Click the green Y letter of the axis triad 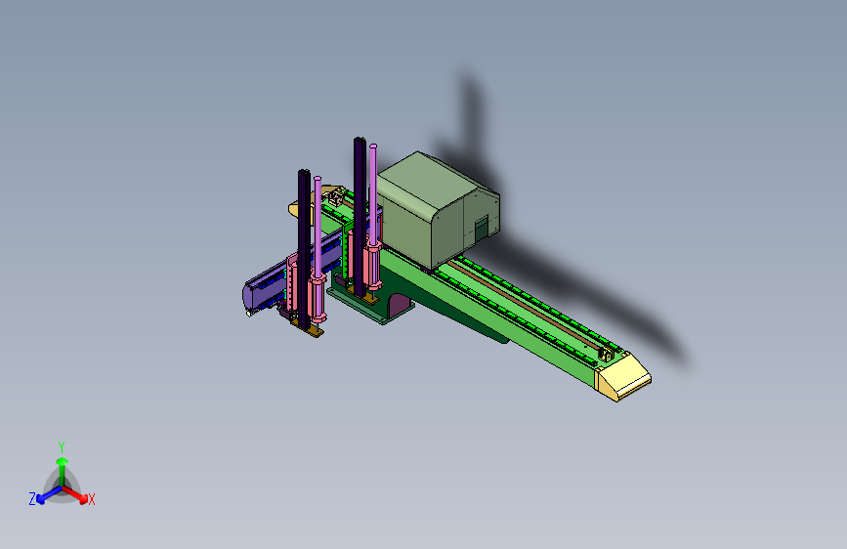coord(62,447)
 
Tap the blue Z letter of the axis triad coord(32,499)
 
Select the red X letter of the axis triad coord(91,500)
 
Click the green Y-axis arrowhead coord(63,461)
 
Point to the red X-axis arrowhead coord(83,499)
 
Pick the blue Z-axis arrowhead coord(41,499)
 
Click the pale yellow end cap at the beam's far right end coord(623,376)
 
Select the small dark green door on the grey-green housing coord(481,230)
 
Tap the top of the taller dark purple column coord(360,140)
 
